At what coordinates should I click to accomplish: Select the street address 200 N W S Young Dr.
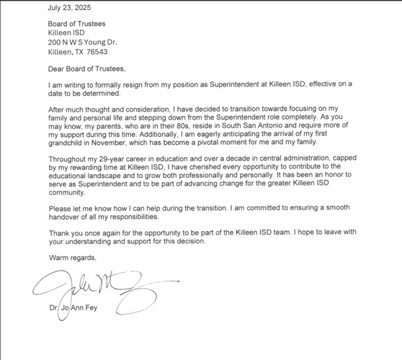coord(81,42)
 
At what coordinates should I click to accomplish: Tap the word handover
coord(67,217)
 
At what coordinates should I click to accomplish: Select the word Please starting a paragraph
coord(60,208)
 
